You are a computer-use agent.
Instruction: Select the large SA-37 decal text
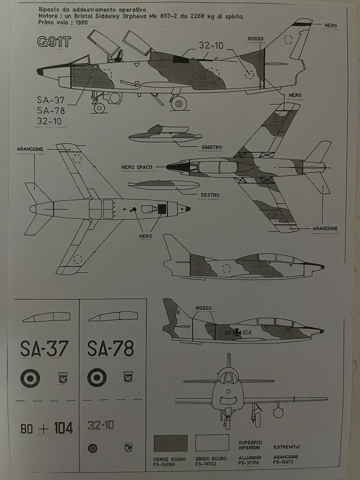click(x=44, y=348)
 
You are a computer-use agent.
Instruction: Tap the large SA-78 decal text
click(x=110, y=348)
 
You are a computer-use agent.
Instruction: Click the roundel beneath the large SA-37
click(x=30, y=377)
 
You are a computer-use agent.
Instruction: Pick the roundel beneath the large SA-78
click(x=96, y=377)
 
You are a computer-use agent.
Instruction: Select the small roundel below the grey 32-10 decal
click(x=92, y=448)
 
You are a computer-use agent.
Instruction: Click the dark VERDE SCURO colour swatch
click(x=170, y=443)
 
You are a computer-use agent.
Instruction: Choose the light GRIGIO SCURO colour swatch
click(x=212, y=443)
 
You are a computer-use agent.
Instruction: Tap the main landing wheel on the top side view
click(x=178, y=103)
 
